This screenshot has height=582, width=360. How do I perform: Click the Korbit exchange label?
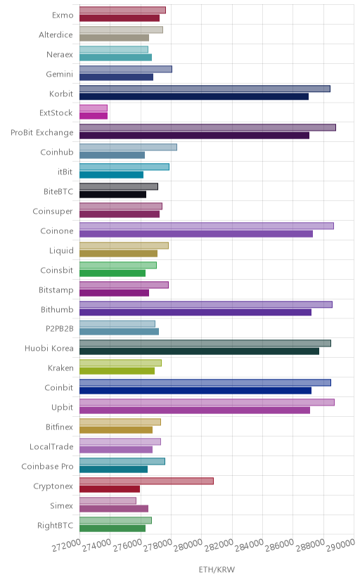pyautogui.click(x=61, y=93)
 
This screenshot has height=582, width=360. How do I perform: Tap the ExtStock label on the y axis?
pyautogui.click(x=56, y=113)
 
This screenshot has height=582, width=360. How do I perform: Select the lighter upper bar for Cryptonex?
pyautogui.click(x=146, y=481)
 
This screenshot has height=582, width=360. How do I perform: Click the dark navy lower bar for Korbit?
pyautogui.click(x=194, y=96)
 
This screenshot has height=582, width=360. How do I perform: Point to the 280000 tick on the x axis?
pyautogui.click(x=188, y=545)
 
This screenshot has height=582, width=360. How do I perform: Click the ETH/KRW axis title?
pyautogui.click(x=217, y=569)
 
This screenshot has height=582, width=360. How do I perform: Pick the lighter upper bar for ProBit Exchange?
pyautogui.click(x=207, y=128)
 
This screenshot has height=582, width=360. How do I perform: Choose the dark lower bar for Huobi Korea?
pyautogui.click(x=199, y=351)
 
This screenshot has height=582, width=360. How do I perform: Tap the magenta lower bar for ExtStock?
pyautogui.click(x=94, y=116)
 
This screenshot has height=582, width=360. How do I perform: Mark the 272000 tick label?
pyautogui.click(x=66, y=545)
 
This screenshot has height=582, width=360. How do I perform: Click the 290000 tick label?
pyautogui.click(x=341, y=545)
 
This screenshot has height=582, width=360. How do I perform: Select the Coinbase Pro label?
pyautogui.click(x=47, y=466)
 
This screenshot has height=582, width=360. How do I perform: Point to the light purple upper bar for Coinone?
pyautogui.click(x=206, y=226)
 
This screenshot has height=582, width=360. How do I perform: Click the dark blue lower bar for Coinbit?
pyautogui.click(x=195, y=391)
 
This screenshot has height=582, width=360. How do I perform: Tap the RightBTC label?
pyautogui.click(x=56, y=525)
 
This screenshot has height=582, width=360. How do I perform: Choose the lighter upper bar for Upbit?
pyautogui.click(x=207, y=402)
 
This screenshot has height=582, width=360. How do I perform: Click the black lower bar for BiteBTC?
pyautogui.click(x=112, y=195)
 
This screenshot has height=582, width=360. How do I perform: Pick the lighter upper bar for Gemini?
pyautogui.click(x=126, y=69)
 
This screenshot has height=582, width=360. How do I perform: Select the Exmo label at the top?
pyautogui.click(x=63, y=15)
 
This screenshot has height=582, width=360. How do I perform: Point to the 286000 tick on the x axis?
pyautogui.click(x=279, y=545)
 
